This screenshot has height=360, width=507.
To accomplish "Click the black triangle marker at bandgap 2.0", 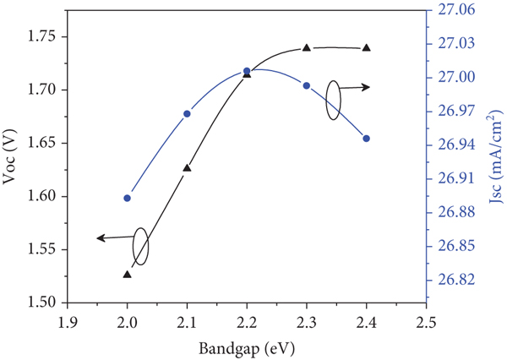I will pyautogui.click(x=127, y=275).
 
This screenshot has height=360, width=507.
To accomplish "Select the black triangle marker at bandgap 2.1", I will pyautogui.click(x=187, y=168).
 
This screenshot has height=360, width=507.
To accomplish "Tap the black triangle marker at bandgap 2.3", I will pyautogui.click(x=307, y=47).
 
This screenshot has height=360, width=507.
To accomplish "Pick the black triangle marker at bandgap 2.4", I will pyautogui.click(x=366, y=47).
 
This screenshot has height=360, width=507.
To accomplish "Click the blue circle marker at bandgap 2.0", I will pyautogui.click(x=127, y=199).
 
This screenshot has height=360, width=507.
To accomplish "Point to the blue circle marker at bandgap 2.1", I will pyautogui.click(x=187, y=114).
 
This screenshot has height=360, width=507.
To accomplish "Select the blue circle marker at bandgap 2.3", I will pyautogui.click(x=307, y=85).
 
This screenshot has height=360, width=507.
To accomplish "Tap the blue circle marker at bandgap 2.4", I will pyautogui.click(x=366, y=139).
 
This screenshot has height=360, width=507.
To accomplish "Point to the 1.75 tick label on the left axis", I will pyautogui.click(x=41, y=37).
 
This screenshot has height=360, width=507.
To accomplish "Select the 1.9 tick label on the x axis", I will pyautogui.click(x=68, y=323).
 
